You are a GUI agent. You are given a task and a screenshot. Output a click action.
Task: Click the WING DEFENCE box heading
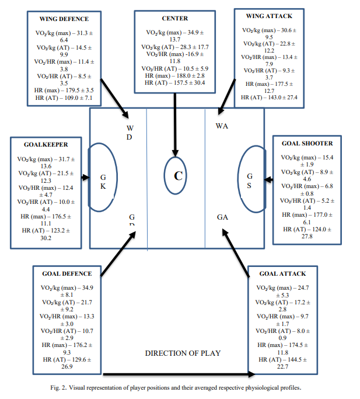pyautogui.click(x=65, y=19)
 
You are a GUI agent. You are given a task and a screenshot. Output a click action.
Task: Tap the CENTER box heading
pyautogui.click(x=174, y=19)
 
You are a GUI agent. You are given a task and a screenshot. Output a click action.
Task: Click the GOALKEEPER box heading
pyautogui.click(x=46, y=144)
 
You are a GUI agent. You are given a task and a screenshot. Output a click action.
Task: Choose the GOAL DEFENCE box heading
pyautogui.click(x=67, y=273)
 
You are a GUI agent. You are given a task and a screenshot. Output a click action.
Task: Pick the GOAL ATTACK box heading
pyautogui.click(x=282, y=273)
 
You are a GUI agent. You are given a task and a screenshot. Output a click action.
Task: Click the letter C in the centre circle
pyautogui.click(x=176, y=175)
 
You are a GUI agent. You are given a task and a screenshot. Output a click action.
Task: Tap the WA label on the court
pyautogui.click(x=222, y=126)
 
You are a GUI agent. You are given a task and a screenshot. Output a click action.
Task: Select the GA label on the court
pyautogui.click(x=222, y=217)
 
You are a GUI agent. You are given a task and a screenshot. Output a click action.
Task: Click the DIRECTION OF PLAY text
pyautogui.click(x=183, y=353)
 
